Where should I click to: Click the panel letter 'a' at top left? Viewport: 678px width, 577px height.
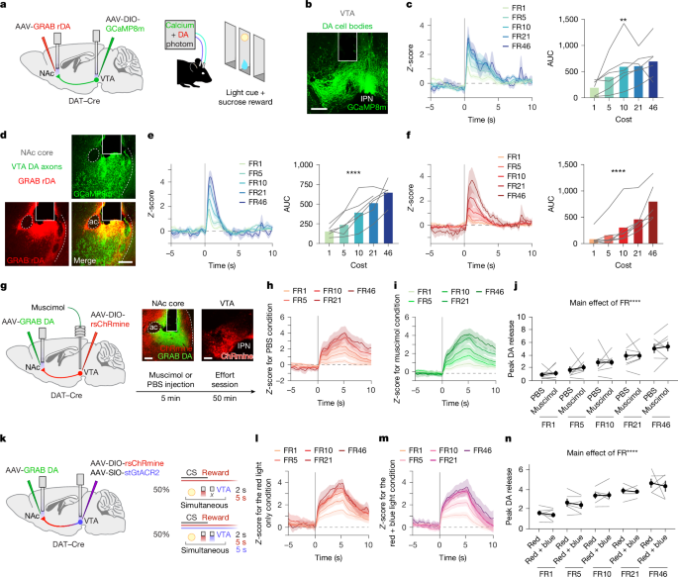pyautogui.click(x=5, y=6)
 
